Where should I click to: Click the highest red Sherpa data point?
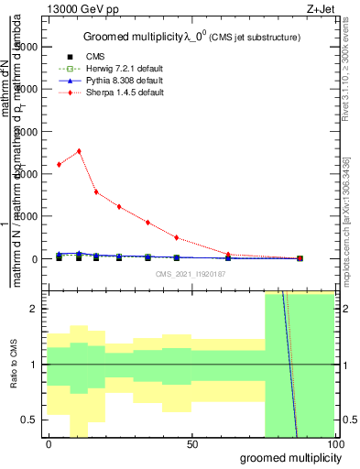79,151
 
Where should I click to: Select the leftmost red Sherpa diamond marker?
59,165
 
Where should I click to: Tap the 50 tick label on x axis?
191,444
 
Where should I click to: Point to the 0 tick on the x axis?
49,444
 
